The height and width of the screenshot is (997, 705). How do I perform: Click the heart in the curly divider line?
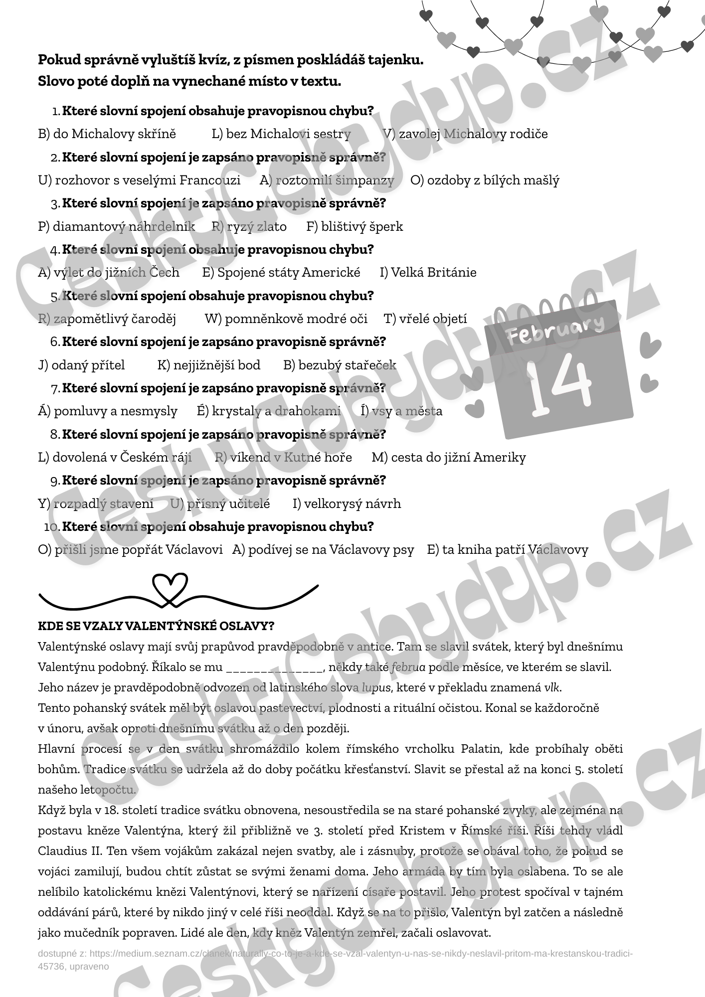(x=170, y=587)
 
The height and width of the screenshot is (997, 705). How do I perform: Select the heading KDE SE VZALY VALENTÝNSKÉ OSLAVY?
(x=156, y=626)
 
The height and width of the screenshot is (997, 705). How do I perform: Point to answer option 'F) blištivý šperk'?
(x=354, y=227)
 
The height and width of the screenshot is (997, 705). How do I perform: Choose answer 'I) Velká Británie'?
(x=428, y=273)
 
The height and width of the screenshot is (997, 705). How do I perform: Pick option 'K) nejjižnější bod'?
(x=209, y=365)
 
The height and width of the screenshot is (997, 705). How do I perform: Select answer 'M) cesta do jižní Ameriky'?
(x=449, y=458)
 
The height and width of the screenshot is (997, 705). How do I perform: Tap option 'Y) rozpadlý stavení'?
(x=96, y=504)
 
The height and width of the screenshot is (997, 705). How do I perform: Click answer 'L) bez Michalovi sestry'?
(x=281, y=134)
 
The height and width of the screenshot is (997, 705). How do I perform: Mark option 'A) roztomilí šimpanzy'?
(x=327, y=180)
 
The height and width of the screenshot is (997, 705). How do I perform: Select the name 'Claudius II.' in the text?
(x=70, y=851)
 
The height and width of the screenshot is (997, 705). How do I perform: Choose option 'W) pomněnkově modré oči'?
(x=286, y=319)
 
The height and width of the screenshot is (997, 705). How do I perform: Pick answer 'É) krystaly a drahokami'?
(x=269, y=411)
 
